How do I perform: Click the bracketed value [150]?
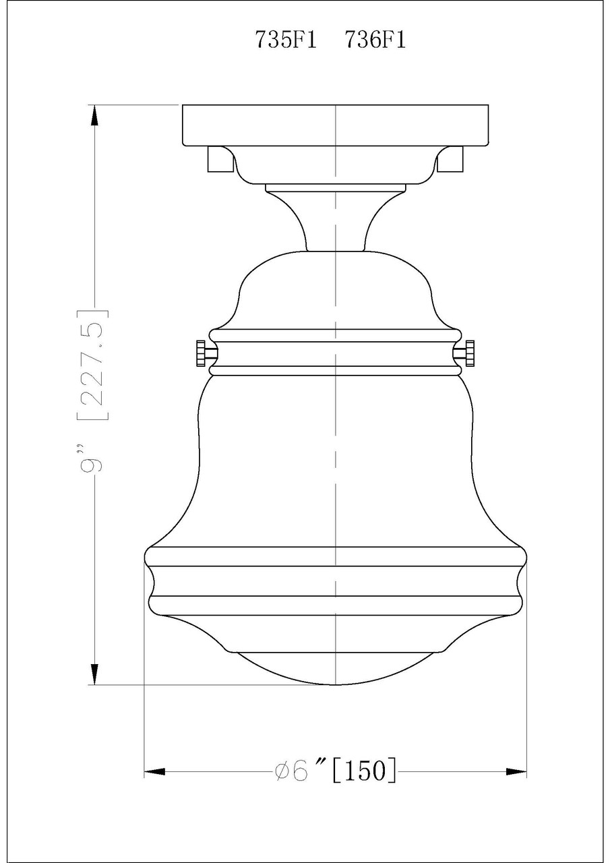[364, 770]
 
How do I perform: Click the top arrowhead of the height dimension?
[95, 115]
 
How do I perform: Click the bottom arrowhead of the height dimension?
[95, 674]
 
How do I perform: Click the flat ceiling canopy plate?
[335, 125]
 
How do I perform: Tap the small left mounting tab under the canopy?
[217, 159]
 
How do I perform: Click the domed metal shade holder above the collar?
[335, 290]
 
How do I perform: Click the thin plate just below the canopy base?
[335, 187]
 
